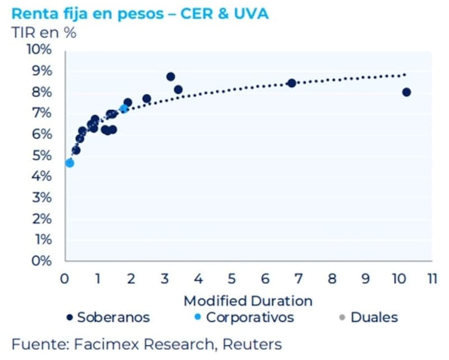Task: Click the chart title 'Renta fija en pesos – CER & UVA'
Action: pos(140,13)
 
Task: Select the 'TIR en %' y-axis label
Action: pos(44,32)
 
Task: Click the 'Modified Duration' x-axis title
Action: pos(248,300)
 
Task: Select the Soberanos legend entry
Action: pos(108,317)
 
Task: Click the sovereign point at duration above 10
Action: pos(406,92)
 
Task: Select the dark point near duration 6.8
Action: pos(291,83)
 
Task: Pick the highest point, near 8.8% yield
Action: pos(171,77)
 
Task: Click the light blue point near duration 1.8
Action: pos(124,108)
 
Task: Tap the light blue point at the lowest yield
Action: pos(70,163)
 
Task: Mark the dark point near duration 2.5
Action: pos(146,99)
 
